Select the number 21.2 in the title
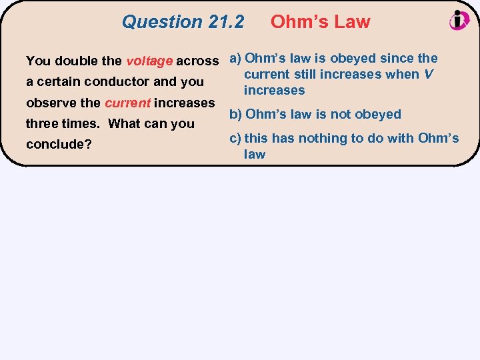pyautogui.click(x=226, y=22)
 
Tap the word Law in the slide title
pyautogui.click(x=351, y=22)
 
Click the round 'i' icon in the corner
pyautogui.click(x=459, y=20)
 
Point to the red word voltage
pyautogui.click(x=149, y=61)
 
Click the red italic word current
pyautogui.click(x=127, y=103)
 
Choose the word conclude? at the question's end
pyautogui.click(x=59, y=145)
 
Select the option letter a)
pyautogui.click(x=235, y=58)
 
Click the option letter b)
pyautogui.click(x=236, y=114)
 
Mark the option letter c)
pyautogui.click(x=235, y=138)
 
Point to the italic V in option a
pyautogui.click(x=429, y=74)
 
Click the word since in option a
pyautogui.click(x=396, y=58)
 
